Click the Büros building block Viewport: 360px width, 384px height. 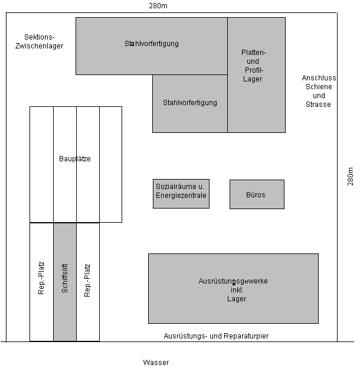257,194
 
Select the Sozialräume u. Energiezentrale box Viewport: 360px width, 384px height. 181,194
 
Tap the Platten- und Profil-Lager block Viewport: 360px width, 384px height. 256,75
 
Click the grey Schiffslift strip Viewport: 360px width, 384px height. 65,282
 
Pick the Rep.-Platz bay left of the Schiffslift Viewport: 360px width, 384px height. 41,282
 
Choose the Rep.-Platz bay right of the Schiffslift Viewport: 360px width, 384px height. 88,282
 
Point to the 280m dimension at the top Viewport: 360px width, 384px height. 158,6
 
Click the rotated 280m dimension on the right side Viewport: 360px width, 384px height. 350,176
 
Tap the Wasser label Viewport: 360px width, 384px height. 156,363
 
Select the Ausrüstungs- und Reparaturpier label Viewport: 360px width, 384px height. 216,336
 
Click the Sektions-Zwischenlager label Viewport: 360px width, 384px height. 39,41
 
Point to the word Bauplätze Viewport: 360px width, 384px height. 75,159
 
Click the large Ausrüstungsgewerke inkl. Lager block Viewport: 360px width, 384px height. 233,288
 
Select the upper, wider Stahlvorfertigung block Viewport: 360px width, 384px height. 152,46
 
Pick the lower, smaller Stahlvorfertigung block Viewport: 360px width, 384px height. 190,104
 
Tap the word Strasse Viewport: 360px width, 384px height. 318,105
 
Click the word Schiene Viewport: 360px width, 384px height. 319,87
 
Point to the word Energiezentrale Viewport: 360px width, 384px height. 181,196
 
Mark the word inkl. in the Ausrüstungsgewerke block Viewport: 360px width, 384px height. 237,290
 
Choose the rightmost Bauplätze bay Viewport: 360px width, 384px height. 110,165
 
